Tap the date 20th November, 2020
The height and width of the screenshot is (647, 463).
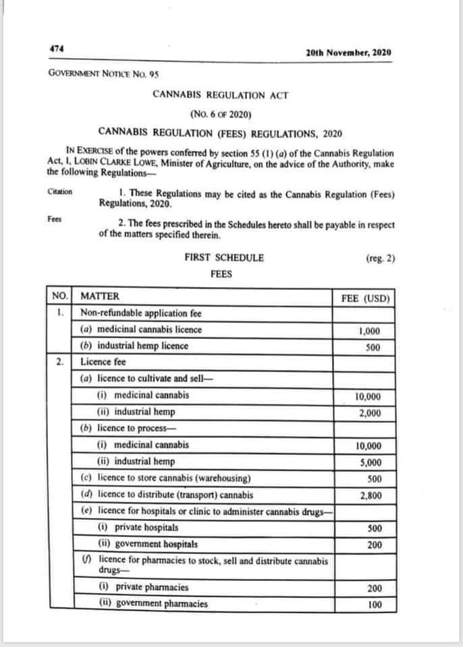point(348,53)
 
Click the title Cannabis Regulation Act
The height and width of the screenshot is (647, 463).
point(221,94)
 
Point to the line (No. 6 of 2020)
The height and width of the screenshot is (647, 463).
point(221,113)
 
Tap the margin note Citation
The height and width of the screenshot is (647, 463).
point(60,191)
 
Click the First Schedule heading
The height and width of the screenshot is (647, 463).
point(224,257)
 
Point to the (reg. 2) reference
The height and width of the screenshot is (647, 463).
point(380,257)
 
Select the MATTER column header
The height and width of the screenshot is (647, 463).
point(99,296)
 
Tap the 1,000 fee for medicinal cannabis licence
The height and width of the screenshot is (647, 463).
point(369,331)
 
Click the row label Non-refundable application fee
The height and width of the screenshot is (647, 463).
point(140,313)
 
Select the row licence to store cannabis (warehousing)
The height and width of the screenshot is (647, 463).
point(166,479)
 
